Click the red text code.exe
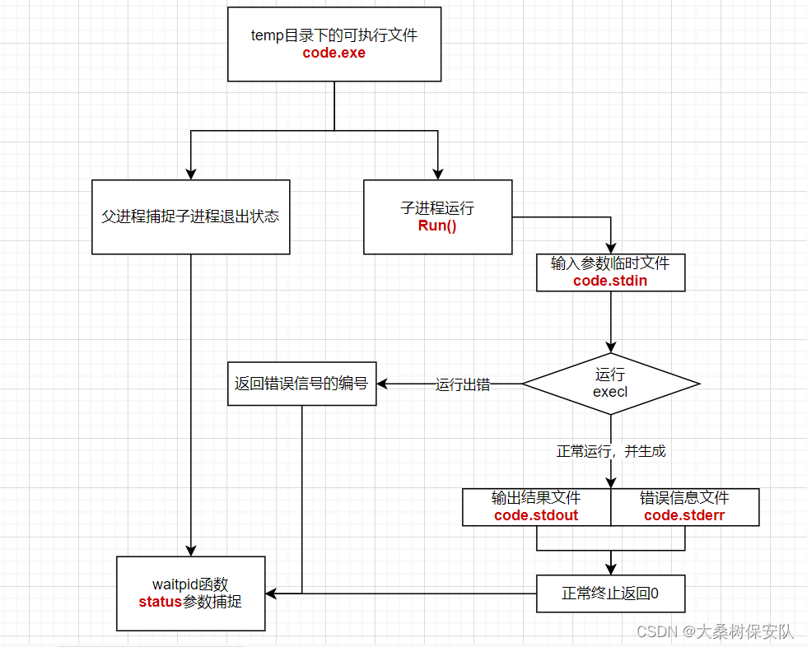coord(334,54)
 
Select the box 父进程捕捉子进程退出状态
coord(190,216)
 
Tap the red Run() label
coord(437,226)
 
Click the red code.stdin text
coord(610,281)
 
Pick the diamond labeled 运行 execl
coord(610,384)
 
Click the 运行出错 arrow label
coord(463,384)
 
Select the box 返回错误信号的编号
coord(301,384)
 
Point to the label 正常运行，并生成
coord(611,451)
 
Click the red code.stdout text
coord(536,515)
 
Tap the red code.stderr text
coord(684,515)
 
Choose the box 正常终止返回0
coord(610,593)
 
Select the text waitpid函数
coord(190,584)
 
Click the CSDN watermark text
coord(715,631)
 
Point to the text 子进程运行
coord(437,208)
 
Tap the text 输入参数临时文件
coord(610,263)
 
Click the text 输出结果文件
coord(536,498)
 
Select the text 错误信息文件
coord(684,498)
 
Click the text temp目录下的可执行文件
coord(334,35)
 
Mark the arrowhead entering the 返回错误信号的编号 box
coord(383,384)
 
